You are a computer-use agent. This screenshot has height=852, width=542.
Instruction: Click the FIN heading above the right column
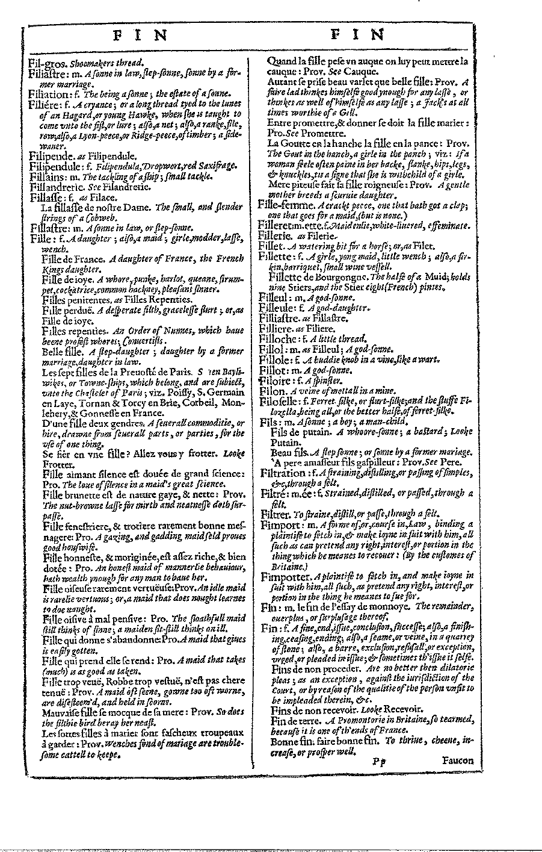click(x=357, y=34)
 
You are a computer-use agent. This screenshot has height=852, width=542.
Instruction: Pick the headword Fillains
click(x=48, y=176)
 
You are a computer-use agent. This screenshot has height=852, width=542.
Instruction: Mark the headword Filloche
click(x=277, y=338)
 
